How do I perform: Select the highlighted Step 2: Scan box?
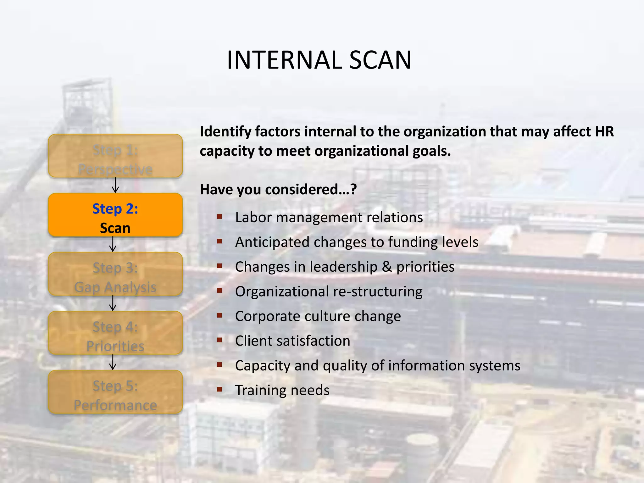pos(115,215)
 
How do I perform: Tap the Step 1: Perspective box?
pos(115,156)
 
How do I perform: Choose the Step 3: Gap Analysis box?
pos(115,274)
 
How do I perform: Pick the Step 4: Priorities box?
pos(115,333)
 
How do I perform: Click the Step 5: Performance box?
pos(115,392)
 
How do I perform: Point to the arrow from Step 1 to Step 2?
pos(115,185)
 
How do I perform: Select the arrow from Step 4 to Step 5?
pos(113,362)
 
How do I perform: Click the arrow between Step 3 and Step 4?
pos(113,303)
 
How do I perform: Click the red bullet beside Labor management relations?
pos(219,216)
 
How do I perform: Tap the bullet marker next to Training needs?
pos(219,389)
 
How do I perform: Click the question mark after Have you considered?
pos(353,190)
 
